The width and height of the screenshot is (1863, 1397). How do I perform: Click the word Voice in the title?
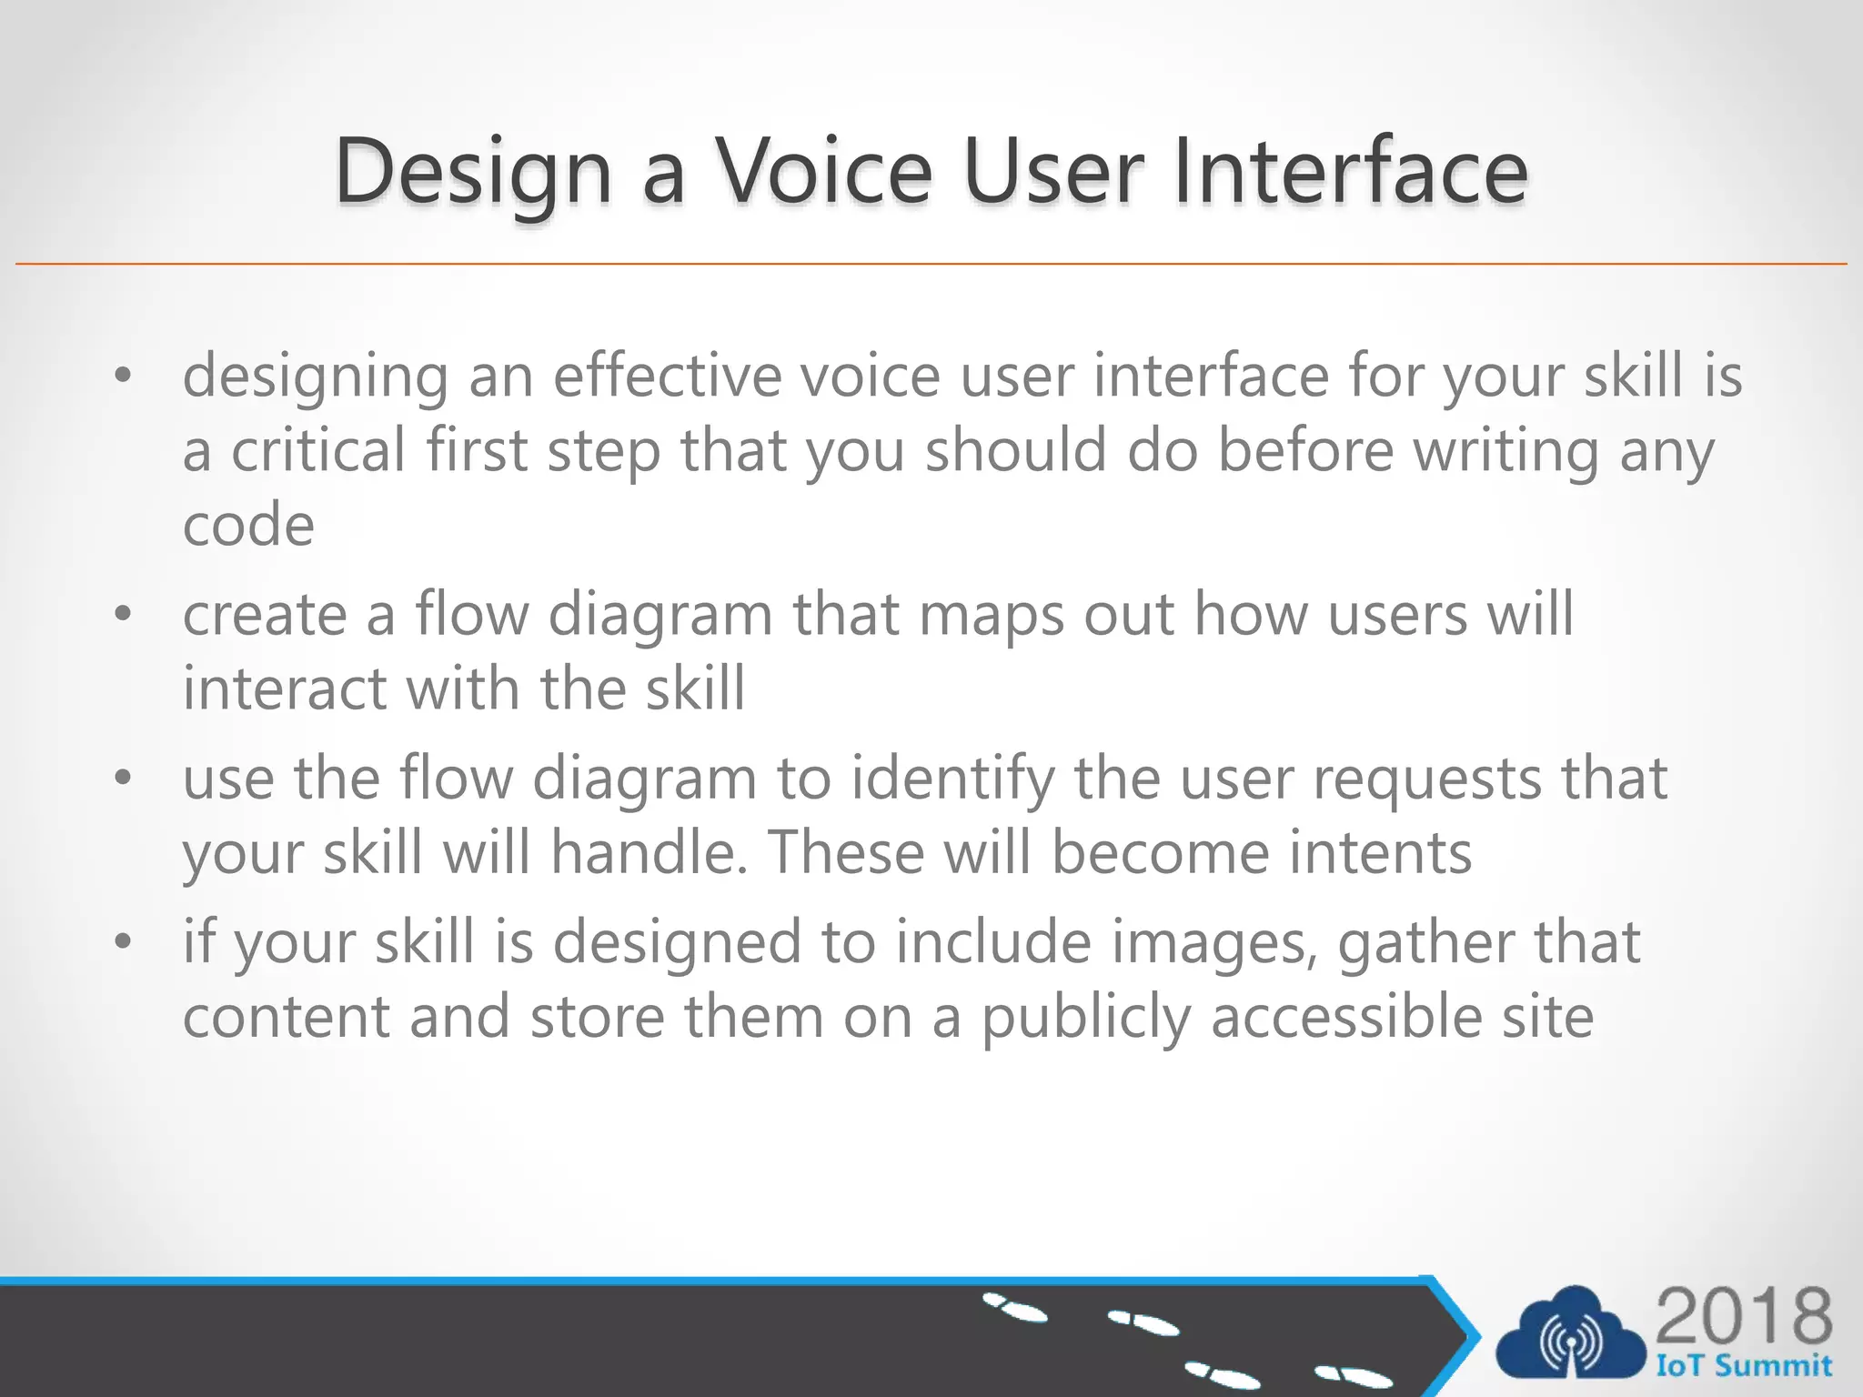[x=823, y=171]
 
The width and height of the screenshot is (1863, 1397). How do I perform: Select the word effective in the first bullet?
[x=667, y=376]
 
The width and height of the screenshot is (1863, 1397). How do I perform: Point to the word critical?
[x=318, y=450]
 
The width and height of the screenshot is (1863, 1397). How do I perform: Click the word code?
[x=248, y=527]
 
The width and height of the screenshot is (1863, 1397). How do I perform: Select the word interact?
[x=285, y=688]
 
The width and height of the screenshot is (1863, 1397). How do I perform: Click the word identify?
[x=952, y=780]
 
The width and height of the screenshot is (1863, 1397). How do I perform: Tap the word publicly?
[x=1086, y=1018]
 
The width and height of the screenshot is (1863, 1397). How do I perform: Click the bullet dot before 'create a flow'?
[x=124, y=615]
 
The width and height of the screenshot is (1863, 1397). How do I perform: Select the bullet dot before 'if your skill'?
[x=124, y=941]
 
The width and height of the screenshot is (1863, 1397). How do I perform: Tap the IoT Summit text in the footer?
[x=1743, y=1366]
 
